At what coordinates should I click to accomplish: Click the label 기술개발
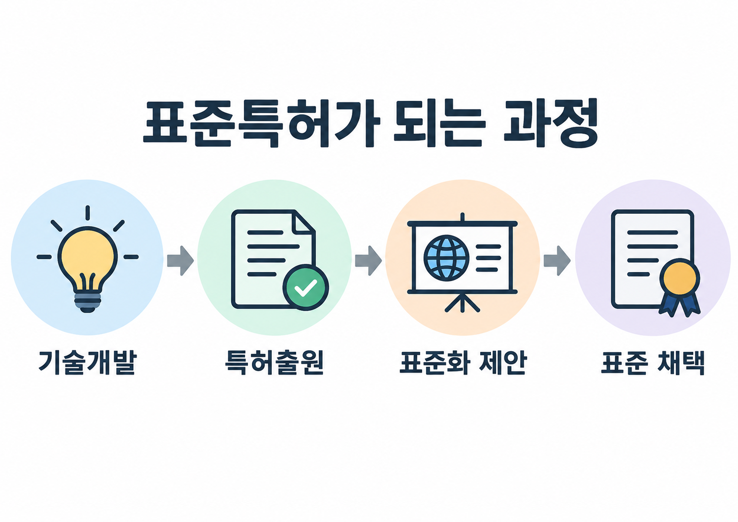click(x=87, y=363)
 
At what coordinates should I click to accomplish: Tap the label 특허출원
click(x=274, y=363)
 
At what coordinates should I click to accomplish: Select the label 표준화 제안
click(x=463, y=363)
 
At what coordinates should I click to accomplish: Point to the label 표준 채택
click(x=653, y=363)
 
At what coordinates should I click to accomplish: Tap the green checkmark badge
click(x=305, y=287)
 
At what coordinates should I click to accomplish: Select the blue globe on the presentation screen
click(x=446, y=258)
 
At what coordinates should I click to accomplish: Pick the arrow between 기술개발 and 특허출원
click(x=180, y=261)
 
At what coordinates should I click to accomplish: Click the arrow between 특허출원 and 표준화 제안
click(x=368, y=261)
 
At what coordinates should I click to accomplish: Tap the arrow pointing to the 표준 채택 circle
click(x=557, y=261)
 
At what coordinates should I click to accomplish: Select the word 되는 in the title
click(x=440, y=123)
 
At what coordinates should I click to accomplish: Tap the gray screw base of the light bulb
click(x=87, y=301)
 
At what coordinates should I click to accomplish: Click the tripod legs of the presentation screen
click(x=462, y=302)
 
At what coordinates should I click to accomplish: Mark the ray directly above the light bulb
click(x=87, y=213)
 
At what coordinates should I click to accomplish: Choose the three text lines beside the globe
click(x=489, y=258)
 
